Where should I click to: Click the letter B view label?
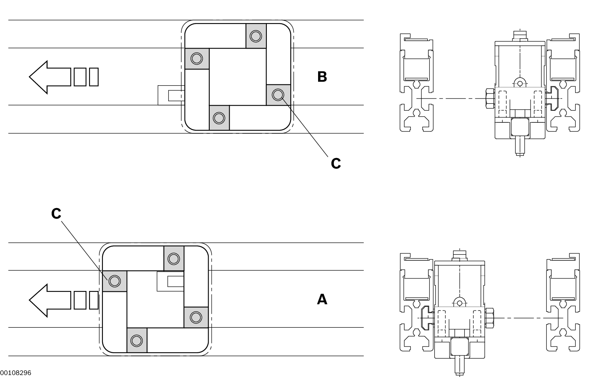click(322, 77)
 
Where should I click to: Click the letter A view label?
click(322, 300)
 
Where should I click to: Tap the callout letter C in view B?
click(336, 163)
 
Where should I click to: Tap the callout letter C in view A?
click(56, 214)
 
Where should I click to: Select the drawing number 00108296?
click(16, 373)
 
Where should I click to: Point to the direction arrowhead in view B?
click(39, 77)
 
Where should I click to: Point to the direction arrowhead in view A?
click(39, 300)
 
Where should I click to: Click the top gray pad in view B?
click(256, 36)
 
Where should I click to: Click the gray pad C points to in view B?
click(278, 95)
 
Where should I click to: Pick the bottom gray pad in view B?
click(219, 118)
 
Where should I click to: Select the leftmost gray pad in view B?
click(197, 59)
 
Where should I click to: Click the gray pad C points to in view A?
click(115, 281)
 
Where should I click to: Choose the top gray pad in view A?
click(174, 259)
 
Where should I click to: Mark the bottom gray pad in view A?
click(137, 340)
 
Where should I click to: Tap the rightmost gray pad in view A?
click(196, 317)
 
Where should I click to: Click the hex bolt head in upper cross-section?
click(490, 99)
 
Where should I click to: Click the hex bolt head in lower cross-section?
click(489, 318)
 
